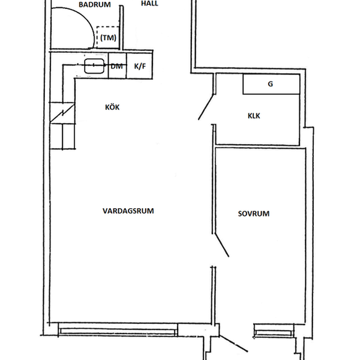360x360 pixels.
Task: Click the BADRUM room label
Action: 95,5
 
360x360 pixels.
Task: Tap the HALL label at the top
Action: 149,4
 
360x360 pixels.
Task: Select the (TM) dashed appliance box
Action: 108,37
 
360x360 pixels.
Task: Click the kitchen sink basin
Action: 94,66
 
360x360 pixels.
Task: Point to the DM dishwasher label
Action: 116,67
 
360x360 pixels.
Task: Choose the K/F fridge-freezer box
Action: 140,66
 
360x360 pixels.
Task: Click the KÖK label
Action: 112,107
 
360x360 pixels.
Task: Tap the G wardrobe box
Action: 271,84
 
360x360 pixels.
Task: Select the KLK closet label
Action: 254,116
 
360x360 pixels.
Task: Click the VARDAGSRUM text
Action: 128,211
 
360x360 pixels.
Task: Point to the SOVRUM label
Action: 254,214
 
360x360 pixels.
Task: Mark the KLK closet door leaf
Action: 206,107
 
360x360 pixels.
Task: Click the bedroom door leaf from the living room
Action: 221,245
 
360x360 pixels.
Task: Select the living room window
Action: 118,330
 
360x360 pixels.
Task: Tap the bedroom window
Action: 274,331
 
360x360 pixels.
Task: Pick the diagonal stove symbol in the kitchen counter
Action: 62,113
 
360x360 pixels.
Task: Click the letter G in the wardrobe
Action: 271,84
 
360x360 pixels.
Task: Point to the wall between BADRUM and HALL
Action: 121,28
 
